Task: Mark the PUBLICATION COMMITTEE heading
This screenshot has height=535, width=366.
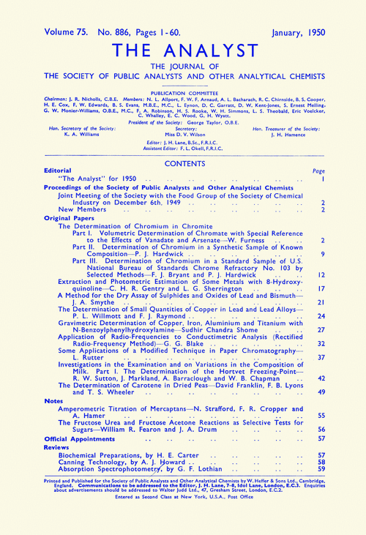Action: coord(183,94)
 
